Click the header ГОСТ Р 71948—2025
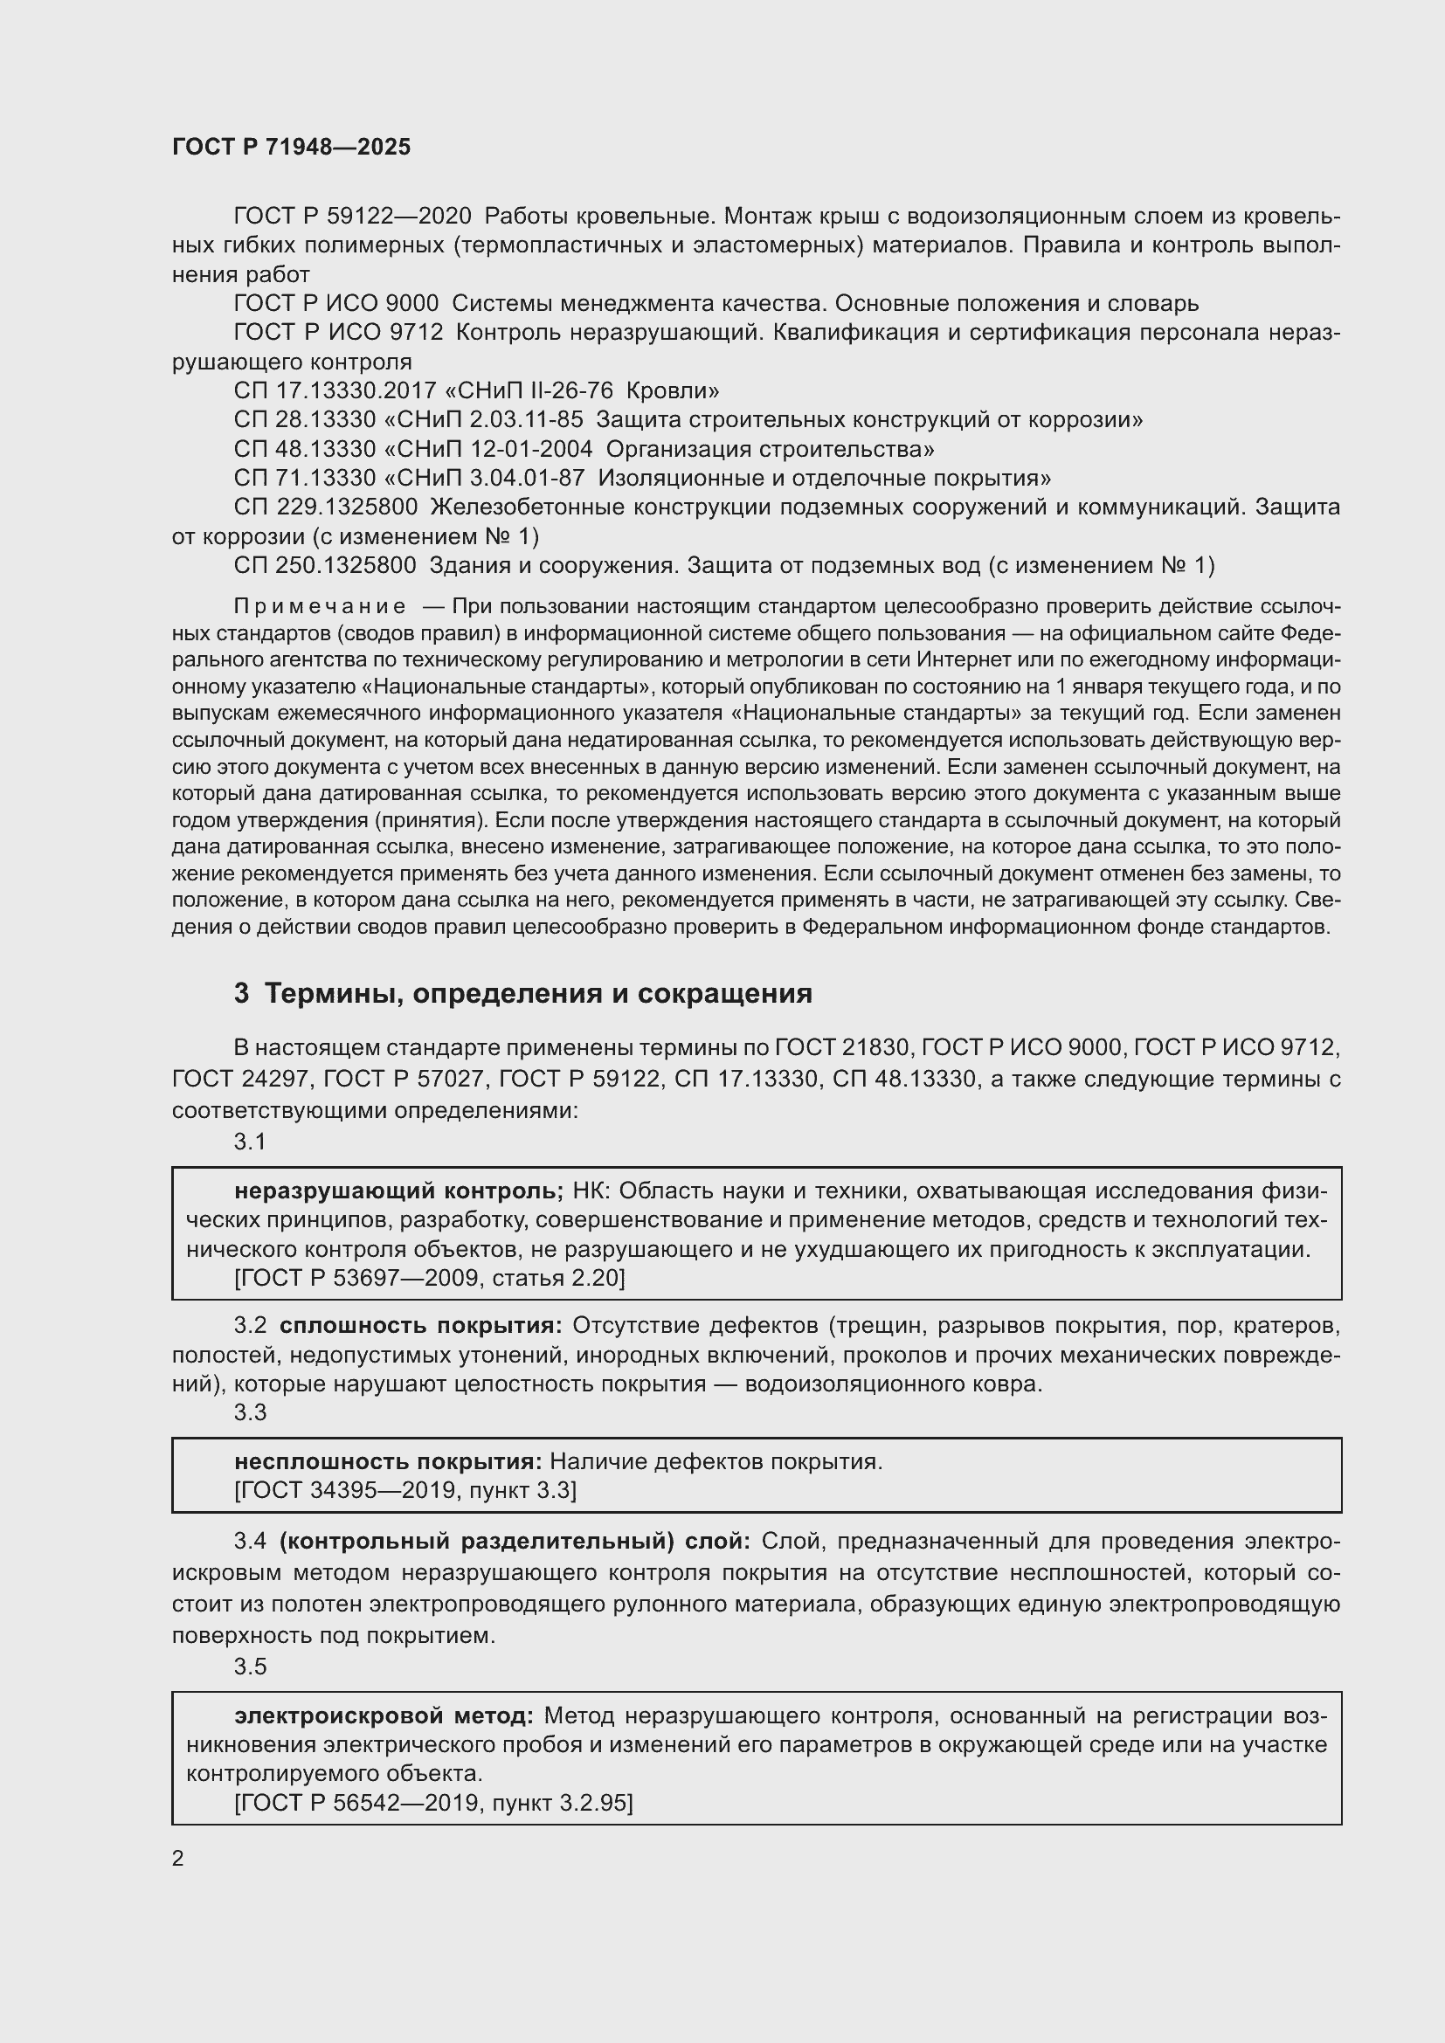point(291,148)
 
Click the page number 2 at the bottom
point(178,1859)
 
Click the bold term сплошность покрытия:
point(421,1326)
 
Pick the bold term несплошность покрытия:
point(388,1461)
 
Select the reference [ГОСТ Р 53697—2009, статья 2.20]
point(430,1279)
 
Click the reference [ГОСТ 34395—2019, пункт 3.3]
point(405,1490)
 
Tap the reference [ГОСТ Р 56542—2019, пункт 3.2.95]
point(433,1804)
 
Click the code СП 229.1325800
point(326,507)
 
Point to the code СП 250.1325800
point(325,565)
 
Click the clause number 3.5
point(250,1667)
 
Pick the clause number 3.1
point(250,1142)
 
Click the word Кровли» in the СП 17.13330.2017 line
point(685,390)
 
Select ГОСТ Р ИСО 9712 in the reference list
point(338,333)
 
